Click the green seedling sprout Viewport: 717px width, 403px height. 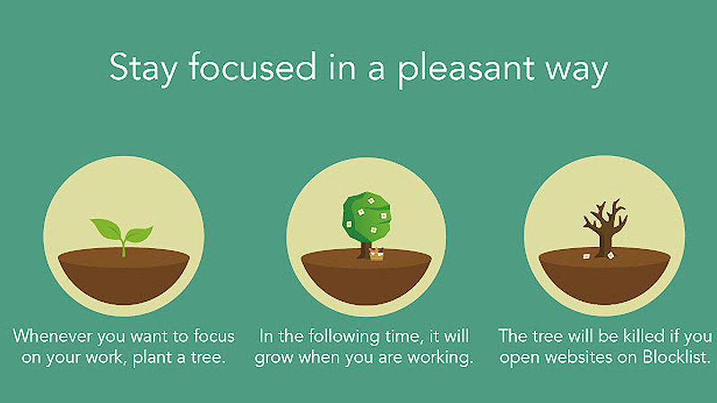coord(124,236)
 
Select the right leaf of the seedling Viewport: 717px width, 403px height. coord(138,236)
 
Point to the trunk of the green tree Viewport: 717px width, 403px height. coord(365,248)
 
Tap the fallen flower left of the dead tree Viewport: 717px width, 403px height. coord(586,256)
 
